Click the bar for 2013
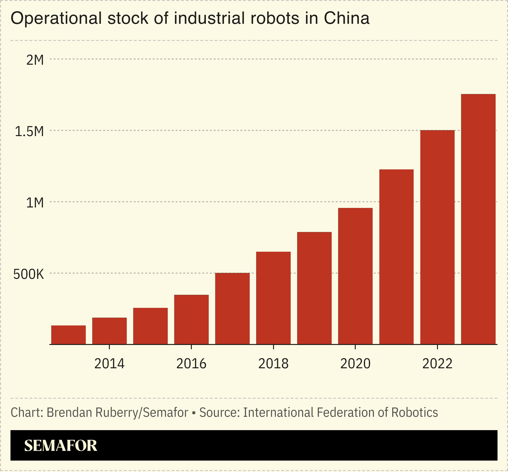pos(68,335)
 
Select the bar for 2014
pos(109,331)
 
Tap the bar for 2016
pos(191,320)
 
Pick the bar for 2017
pos(232,309)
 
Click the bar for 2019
pos(314,288)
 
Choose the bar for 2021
pos(396,257)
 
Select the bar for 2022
pos(437,237)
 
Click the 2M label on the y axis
pos(35,60)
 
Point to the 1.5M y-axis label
pos(29,132)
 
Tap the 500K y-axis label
pos(29,275)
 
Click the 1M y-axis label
pos(35,203)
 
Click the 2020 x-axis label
pos(355,364)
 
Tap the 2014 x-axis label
pos(109,364)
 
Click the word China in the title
pos(346,18)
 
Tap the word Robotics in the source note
pos(414,413)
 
